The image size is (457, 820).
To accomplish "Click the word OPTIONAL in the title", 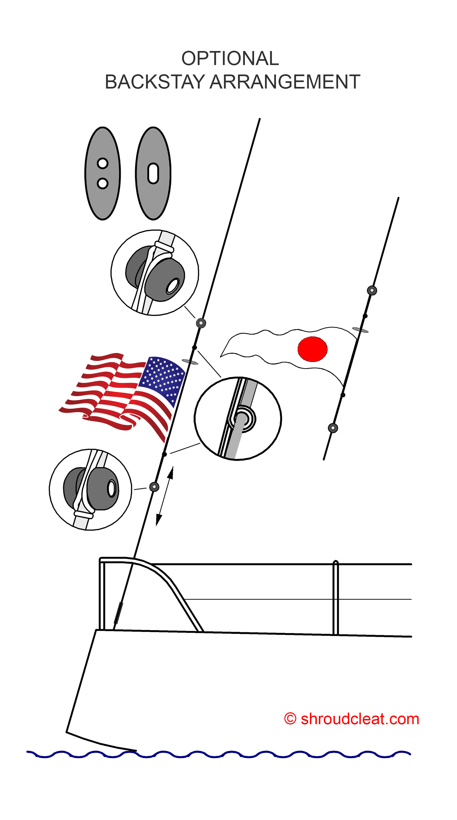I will [230, 58].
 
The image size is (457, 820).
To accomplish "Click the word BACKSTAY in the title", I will [155, 82].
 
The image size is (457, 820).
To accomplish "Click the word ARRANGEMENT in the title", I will [285, 82].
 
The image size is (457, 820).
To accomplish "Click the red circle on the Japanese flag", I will [312, 349].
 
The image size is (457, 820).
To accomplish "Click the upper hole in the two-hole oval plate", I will [103, 163].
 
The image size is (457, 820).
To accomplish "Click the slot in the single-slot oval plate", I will [153, 174].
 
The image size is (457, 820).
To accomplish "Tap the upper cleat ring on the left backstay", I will [201, 323].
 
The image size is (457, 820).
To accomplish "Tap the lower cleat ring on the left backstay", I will [154, 487].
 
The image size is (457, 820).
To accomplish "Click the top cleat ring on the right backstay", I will [372, 290].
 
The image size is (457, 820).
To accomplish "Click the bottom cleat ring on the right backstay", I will [333, 428].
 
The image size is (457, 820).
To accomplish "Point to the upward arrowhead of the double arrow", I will [171, 472].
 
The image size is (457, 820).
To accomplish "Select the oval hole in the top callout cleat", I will [173, 286].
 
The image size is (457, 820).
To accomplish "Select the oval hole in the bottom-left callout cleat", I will [112, 488].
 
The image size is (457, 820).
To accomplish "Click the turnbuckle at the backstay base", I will [118, 613].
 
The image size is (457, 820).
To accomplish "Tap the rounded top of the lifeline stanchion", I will [335, 563].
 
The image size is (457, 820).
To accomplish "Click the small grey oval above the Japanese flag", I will [360, 330].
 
